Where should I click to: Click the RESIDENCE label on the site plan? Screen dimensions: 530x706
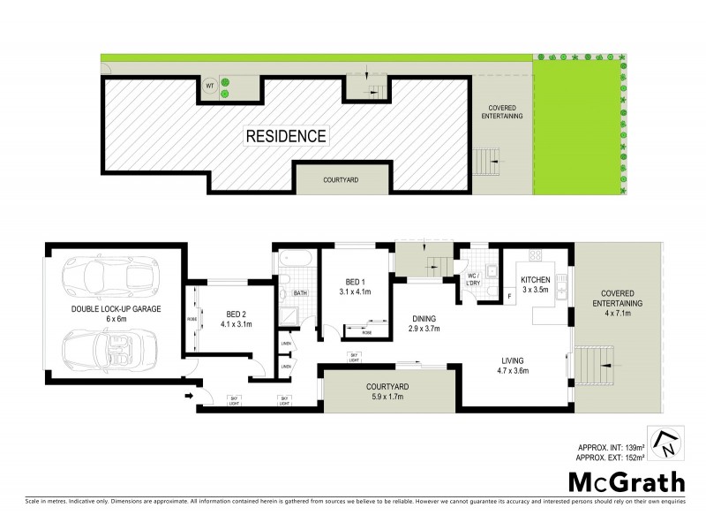286,136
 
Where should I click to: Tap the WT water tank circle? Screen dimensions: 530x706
209,86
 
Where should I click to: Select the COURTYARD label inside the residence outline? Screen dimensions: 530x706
340,179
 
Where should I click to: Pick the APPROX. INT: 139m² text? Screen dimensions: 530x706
610,448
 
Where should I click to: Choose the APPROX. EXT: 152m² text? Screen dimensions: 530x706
610,458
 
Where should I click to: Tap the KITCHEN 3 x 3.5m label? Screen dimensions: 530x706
535,284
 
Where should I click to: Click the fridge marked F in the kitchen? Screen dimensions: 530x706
510,296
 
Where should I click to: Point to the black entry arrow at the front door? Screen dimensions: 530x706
187,397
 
